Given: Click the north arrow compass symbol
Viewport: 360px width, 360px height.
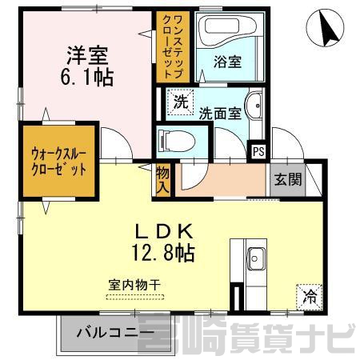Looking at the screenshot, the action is (x=325, y=28).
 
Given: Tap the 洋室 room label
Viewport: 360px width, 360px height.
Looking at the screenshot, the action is (x=87, y=56).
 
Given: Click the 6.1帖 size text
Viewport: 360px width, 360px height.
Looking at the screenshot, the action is (x=87, y=78).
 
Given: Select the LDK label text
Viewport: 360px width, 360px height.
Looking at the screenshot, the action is (x=164, y=231).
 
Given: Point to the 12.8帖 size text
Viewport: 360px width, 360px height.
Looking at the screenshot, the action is (x=163, y=253).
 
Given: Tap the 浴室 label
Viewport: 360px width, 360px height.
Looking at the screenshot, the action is (x=227, y=62).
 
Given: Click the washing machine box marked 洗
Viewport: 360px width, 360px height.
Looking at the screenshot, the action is (x=180, y=102).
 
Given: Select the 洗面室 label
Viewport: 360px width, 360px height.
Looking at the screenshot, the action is (x=220, y=114).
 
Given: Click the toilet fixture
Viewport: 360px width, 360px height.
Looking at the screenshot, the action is (x=176, y=141).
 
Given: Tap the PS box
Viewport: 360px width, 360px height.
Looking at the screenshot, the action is (x=258, y=152).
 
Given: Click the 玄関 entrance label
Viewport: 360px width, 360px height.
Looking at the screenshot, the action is (x=288, y=179).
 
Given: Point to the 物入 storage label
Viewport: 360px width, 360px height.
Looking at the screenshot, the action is (x=162, y=180).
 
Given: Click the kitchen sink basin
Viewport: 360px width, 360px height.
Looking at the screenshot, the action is (x=256, y=258).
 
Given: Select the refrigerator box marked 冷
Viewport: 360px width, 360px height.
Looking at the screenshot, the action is (x=310, y=298).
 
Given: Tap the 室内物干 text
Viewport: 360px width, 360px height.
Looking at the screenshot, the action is (x=134, y=286).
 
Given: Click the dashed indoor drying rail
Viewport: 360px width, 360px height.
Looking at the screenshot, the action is (x=135, y=297).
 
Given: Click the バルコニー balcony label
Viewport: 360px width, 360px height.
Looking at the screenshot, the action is (x=115, y=333).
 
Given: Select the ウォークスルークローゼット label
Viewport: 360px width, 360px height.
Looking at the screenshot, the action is (x=58, y=162).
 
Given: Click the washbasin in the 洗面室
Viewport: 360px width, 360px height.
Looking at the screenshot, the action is (x=254, y=105).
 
